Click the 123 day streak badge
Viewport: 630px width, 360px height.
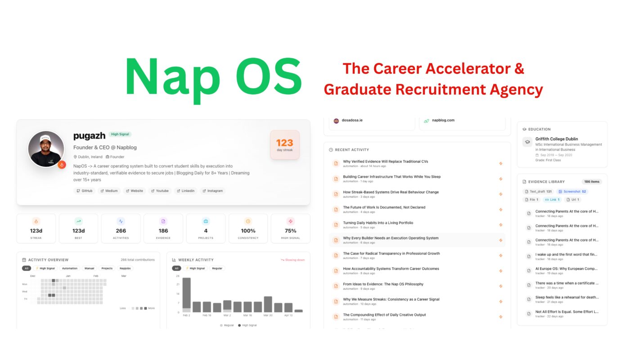click(284, 145)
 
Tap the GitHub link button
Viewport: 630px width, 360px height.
click(85, 191)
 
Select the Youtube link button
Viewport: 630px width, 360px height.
click(160, 191)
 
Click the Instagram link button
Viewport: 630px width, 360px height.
click(213, 191)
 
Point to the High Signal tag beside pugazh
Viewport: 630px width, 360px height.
click(120, 134)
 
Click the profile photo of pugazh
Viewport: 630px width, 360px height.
click(46, 149)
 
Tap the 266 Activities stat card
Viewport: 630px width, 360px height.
click(121, 229)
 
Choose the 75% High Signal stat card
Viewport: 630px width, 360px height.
click(290, 229)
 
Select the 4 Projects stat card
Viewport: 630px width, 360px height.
click(206, 229)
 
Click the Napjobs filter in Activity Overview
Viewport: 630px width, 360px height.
click(126, 268)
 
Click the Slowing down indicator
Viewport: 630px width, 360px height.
click(292, 260)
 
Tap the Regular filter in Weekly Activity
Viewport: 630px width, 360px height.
click(217, 268)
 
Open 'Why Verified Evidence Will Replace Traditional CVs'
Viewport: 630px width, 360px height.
click(385, 161)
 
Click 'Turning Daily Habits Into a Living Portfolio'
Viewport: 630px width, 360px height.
click(378, 223)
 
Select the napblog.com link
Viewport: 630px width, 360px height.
click(443, 121)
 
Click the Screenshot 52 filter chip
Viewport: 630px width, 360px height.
click(572, 191)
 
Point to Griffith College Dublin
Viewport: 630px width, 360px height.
click(557, 139)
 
